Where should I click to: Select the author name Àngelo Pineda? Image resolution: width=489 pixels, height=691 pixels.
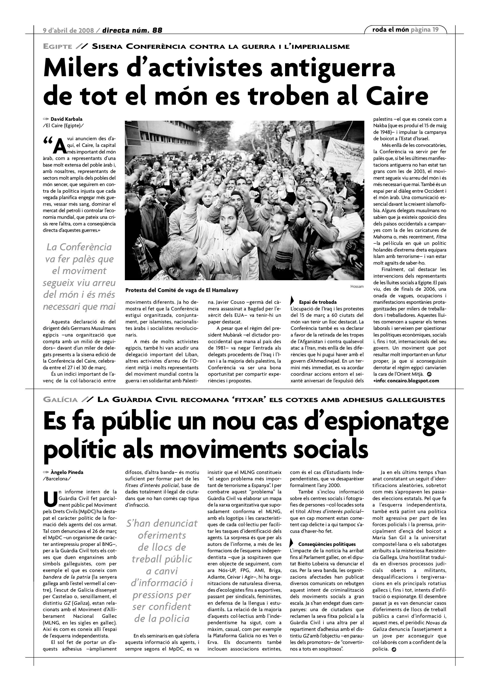pyautogui.click(x=67, y=472)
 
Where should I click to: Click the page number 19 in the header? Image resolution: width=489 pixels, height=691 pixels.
pyautogui.click(x=435, y=30)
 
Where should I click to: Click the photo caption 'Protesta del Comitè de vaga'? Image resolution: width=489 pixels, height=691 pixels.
pyautogui.click(x=182, y=290)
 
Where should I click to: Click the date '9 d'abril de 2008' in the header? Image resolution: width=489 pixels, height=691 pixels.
pyautogui.click(x=69, y=30)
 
